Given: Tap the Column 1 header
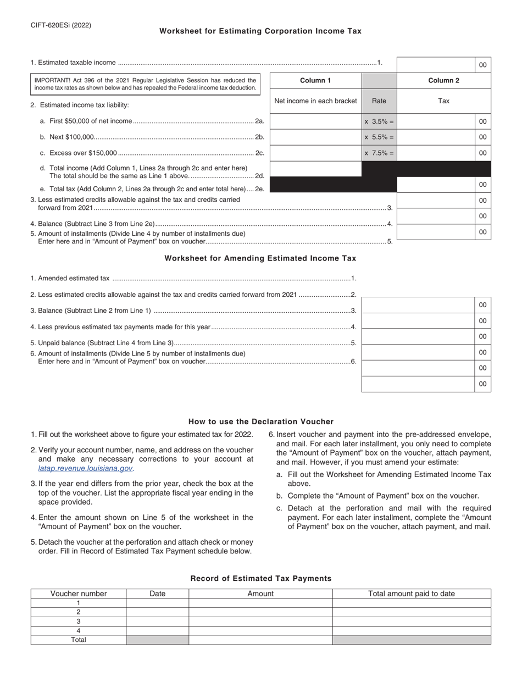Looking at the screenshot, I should pos(315,81).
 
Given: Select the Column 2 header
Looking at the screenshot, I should pos(443,81).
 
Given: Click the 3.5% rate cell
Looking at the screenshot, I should pos(379,121).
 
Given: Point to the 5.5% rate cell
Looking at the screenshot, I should pos(379,137).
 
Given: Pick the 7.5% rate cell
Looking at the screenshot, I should pos(379,153).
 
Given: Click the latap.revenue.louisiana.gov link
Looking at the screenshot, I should pos(86,468).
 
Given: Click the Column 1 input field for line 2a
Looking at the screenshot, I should pos(315,121).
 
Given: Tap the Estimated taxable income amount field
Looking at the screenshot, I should pos(436,64).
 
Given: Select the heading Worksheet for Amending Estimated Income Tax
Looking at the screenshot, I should pos(260,258).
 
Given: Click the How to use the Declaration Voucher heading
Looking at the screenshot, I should pos(260,422).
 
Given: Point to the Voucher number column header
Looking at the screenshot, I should pos(79,594).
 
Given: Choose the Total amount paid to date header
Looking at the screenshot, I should pos(412,594).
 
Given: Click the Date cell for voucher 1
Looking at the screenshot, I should pos(157,603).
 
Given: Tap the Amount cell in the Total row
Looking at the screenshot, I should pos(260,640).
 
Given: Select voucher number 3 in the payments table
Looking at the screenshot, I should pos(79,621).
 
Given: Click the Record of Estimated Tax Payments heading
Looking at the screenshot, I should pos(260,578).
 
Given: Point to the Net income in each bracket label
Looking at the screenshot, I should pos(315,101).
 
